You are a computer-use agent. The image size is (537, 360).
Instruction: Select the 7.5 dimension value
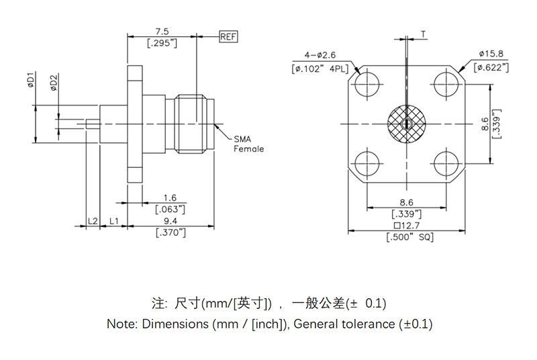[162, 31]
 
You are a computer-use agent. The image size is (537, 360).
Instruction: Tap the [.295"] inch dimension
[162, 44]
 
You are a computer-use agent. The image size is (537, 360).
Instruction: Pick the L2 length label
[93, 221]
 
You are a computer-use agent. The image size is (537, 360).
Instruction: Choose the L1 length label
[114, 221]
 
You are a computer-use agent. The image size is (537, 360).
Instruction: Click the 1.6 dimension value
[170, 198]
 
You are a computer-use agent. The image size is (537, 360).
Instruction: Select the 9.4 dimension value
[170, 221]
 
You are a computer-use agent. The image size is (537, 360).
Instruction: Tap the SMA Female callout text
[248, 144]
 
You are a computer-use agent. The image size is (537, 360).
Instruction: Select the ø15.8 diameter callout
[491, 54]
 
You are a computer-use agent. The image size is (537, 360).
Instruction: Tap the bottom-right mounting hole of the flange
[445, 163]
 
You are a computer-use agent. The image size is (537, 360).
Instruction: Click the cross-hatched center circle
[406, 124]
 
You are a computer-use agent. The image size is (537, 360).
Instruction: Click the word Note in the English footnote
[121, 324]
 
